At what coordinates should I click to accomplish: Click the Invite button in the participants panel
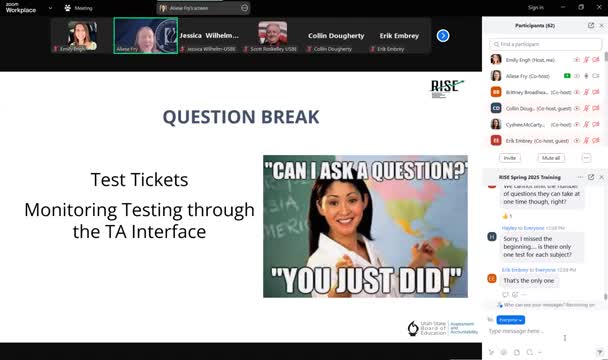point(510,158)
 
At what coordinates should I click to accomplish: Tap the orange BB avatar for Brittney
point(496,91)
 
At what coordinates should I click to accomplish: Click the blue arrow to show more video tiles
point(442,36)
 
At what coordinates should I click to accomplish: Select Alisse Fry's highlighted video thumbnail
point(145,36)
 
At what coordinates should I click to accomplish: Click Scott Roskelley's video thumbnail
point(272,36)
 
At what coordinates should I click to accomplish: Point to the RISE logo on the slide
point(447,87)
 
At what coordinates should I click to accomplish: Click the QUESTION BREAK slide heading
point(241,117)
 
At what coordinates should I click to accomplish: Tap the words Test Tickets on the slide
point(139,181)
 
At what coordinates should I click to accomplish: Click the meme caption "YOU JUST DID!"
point(365,275)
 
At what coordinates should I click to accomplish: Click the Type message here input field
point(540,331)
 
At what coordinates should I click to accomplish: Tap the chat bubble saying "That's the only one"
point(524,281)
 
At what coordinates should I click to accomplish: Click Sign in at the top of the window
point(535,7)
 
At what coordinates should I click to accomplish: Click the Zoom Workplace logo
point(22,7)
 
